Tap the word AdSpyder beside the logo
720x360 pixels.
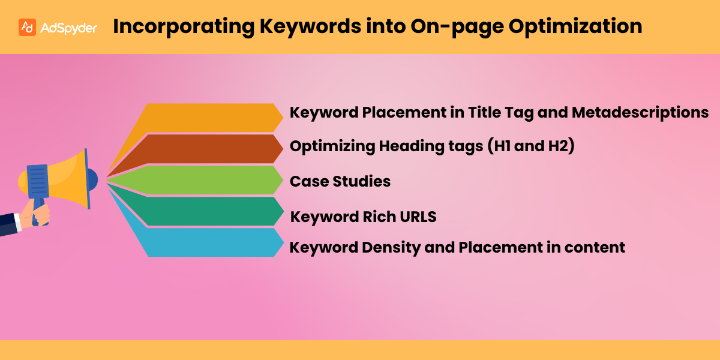(68, 28)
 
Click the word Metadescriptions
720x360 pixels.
(641, 112)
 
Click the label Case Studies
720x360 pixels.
(340, 181)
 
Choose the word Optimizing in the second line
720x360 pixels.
(328, 147)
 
